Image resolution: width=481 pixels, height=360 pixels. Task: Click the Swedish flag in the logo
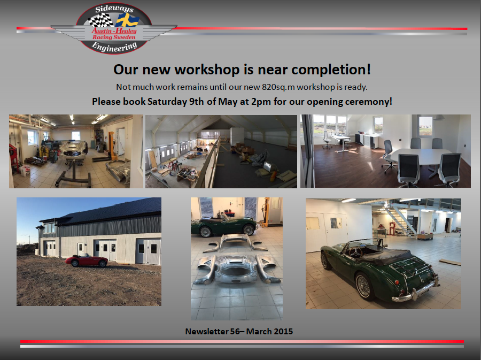pyautogui.click(x=127, y=20)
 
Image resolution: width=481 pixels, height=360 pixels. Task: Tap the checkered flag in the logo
pyautogui.click(x=101, y=20)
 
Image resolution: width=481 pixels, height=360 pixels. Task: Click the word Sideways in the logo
pyautogui.click(x=114, y=9)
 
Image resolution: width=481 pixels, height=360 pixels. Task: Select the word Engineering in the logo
pyautogui.click(x=114, y=47)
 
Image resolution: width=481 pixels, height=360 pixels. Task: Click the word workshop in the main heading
pyautogui.click(x=207, y=70)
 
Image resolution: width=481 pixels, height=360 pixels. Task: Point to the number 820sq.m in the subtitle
pyautogui.click(x=278, y=87)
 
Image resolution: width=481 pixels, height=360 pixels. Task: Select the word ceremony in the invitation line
pyautogui.click(x=368, y=102)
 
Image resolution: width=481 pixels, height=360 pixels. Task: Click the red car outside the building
pyautogui.click(x=87, y=261)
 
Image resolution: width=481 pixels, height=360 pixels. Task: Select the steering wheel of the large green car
pyautogui.click(x=356, y=252)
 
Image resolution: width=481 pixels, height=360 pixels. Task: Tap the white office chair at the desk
pyautogui.click(x=327, y=140)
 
